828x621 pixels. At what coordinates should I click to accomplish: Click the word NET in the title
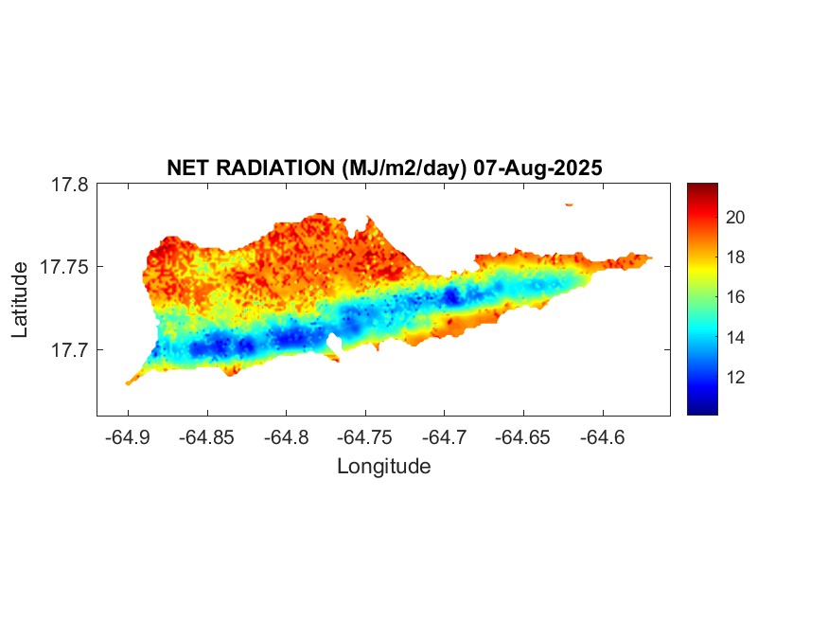(x=185, y=168)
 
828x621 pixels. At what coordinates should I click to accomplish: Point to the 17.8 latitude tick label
(x=69, y=186)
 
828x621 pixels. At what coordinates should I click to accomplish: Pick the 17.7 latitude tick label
(x=69, y=350)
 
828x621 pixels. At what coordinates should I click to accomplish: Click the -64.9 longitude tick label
(x=128, y=438)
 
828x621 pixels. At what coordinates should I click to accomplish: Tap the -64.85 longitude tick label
(x=207, y=438)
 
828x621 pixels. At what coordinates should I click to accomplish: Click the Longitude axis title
(x=383, y=466)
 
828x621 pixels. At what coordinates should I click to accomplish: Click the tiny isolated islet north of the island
(x=569, y=204)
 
